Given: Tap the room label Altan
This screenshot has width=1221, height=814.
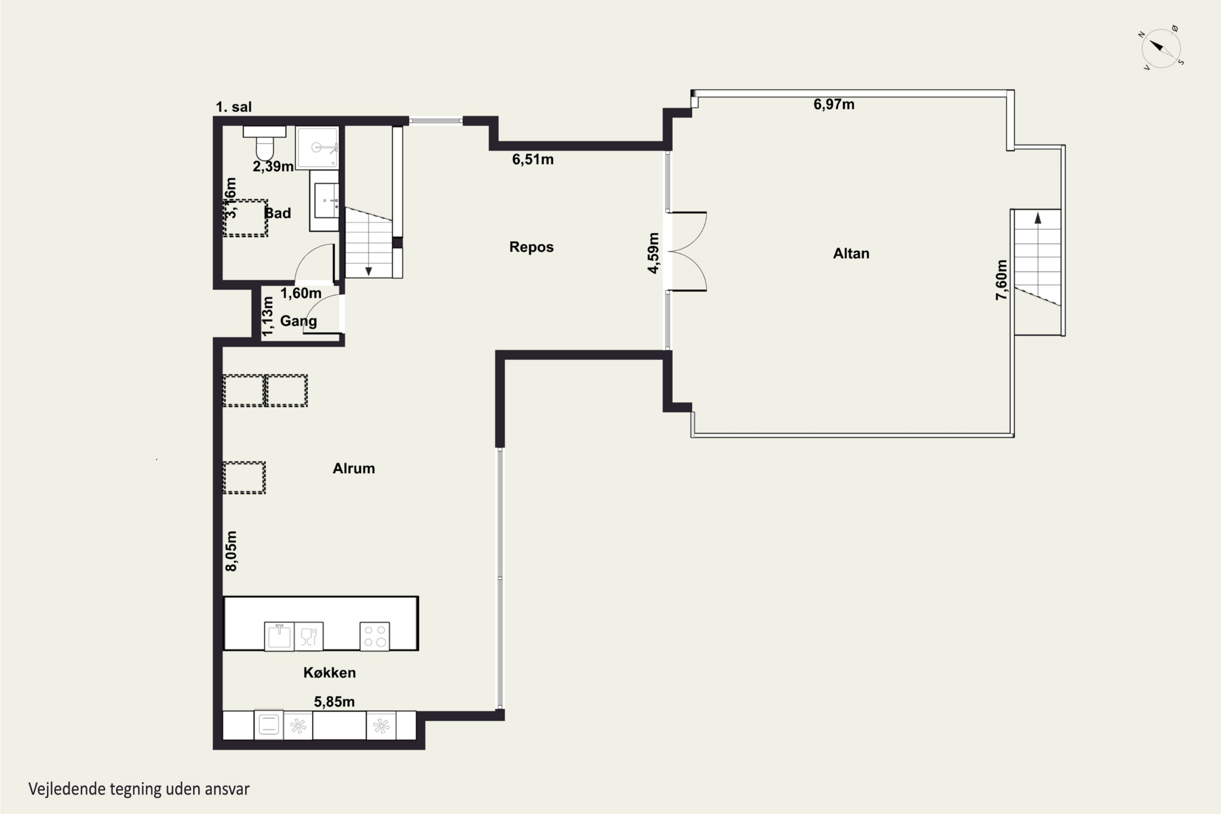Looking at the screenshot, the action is (x=851, y=253).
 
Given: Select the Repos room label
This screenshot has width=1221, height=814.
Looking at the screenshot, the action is (x=531, y=247).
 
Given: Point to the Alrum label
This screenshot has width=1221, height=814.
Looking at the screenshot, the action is (x=354, y=468).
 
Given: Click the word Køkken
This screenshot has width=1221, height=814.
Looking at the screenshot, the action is (x=330, y=672).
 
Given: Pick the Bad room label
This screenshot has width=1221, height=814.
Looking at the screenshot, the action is (x=278, y=213).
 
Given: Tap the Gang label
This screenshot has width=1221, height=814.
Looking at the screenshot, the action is (x=298, y=322).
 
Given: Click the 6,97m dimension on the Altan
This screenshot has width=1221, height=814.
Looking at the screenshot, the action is (x=834, y=104).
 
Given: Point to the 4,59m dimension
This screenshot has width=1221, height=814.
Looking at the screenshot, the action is (x=653, y=253).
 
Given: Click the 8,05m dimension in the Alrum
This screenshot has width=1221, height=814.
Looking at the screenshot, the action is (x=231, y=551).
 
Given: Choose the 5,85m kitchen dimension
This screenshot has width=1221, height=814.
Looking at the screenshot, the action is (x=334, y=702).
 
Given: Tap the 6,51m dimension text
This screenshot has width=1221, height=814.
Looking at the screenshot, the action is (x=533, y=160).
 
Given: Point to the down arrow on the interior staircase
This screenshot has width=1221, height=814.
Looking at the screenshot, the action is (x=369, y=271).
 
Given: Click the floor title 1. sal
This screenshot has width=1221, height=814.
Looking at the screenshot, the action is (x=234, y=107).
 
